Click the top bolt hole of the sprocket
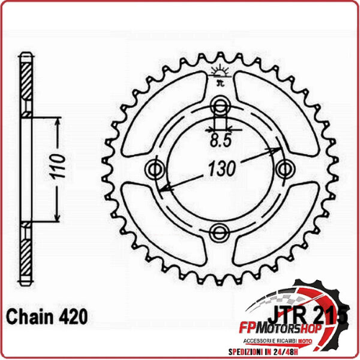[220, 108]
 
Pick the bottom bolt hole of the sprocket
[219, 231]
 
